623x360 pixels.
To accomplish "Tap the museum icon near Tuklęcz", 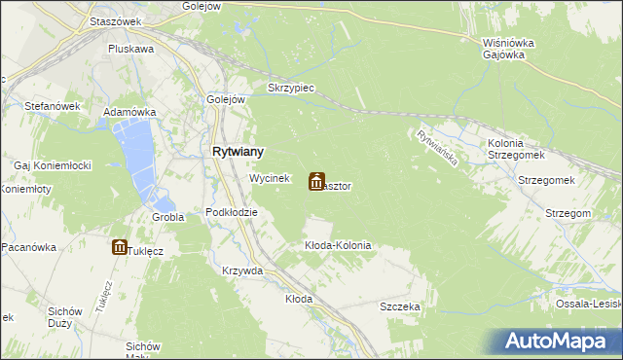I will click(x=119, y=247).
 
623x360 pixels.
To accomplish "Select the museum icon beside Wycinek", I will click(x=316, y=182).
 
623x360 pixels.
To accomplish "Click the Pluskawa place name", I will click(x=131, y=49).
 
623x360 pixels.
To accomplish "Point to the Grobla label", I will click(x=168, y=217).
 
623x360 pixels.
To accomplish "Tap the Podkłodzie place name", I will click(x=232, y=212).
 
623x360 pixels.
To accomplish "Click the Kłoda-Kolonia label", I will click(x=338, y=245).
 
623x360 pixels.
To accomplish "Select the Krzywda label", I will click(x=242, y=270).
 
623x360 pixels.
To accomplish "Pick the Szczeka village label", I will click(x=400, y=306).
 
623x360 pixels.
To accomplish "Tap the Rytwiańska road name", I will click(x=435, y=148).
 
